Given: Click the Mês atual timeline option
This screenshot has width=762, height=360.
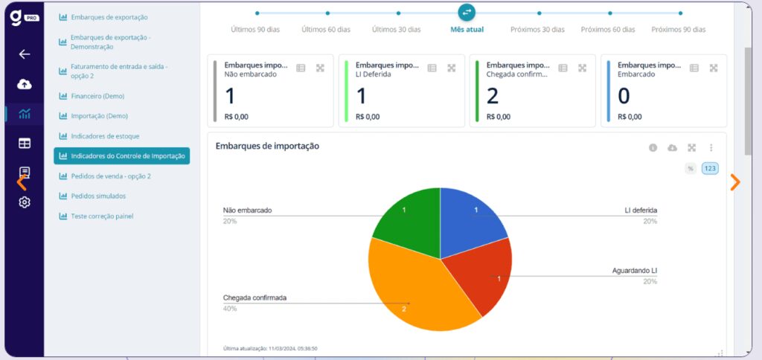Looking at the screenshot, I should coord(467,30).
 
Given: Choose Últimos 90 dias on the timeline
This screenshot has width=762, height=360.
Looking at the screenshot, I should coord(254,30).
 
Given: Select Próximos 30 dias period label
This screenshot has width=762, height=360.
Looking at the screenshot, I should coord(537,30).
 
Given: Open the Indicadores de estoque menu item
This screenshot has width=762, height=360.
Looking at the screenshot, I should coord(105,136).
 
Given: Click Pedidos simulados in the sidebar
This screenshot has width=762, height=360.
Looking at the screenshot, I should coord(98,196).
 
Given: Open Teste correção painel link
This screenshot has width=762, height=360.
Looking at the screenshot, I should coord(102,216).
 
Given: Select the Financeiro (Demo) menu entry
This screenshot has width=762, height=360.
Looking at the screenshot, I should coord(97,96).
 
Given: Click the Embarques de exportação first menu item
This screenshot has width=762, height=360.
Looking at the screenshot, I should coord(109,17).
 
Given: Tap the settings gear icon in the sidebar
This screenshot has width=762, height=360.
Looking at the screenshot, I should coord(25,202).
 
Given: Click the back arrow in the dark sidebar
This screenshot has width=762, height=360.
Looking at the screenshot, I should coord(25,54).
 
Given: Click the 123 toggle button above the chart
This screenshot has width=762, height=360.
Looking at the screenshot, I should coord(710,169).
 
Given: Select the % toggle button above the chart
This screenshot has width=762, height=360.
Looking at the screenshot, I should coord(691,169).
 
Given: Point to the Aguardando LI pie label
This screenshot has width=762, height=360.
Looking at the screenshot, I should coord(634,271).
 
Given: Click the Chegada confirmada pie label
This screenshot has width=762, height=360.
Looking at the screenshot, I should coord(254,298).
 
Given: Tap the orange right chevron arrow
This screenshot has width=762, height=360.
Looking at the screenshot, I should coord(735,182).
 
